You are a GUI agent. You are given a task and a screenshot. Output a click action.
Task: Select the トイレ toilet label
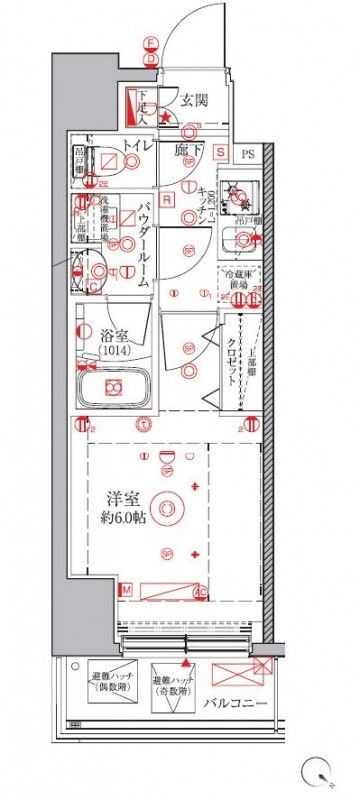pos(137,147)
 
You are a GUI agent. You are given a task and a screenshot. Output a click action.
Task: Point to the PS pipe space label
pos(248,153)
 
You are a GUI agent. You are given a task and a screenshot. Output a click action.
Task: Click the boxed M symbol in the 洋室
pos(127,592)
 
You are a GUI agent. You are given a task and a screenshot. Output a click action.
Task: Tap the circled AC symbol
pos(198,592)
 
